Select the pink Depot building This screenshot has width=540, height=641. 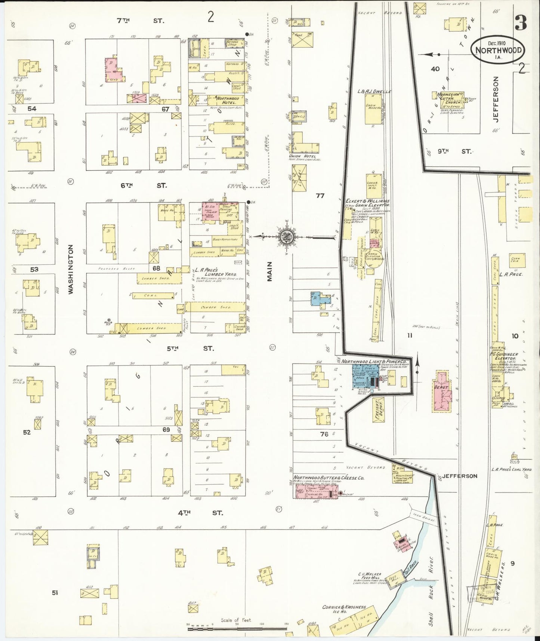[441, 391]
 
